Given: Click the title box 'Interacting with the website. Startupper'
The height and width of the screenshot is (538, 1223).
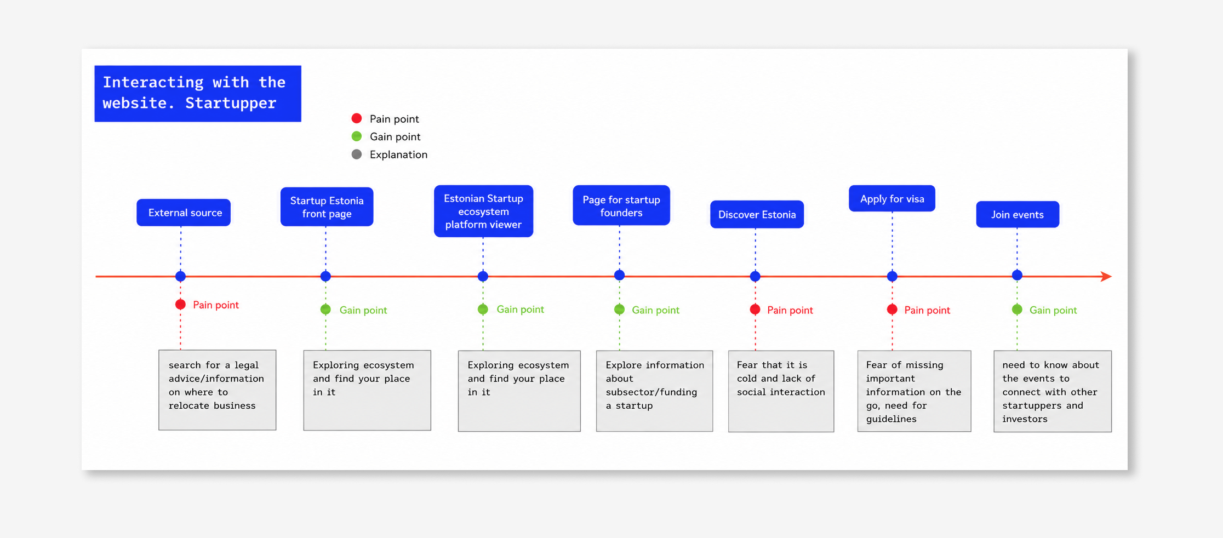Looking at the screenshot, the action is click(198, 93).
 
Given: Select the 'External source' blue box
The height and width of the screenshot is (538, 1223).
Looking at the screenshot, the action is click(184, 213).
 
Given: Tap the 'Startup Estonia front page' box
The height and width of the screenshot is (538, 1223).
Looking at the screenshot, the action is click(327, 207).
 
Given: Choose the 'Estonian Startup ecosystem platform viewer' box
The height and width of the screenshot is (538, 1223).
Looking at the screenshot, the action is click(483, 211).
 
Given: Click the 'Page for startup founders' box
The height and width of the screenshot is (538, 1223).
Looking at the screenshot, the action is click(621, 205).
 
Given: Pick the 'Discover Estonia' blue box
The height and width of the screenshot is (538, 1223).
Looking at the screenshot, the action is click(757, 214).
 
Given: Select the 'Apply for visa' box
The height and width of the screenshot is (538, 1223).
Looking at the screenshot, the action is click(892, 198).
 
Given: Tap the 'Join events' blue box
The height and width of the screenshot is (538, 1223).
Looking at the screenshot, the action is click(1018, 214).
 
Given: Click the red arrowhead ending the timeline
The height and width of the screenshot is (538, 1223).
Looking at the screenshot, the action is click(1106, 277).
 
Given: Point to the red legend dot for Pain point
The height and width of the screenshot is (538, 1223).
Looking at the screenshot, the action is click(357, 118).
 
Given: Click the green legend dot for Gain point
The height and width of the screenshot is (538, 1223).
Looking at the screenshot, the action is click(357, 136).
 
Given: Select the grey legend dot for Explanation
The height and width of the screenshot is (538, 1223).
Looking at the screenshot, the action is click(357, 154).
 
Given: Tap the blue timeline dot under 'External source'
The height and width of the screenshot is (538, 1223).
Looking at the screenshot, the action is click(180, 277).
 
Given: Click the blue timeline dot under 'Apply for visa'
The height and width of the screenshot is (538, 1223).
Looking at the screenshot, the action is click(892, 277).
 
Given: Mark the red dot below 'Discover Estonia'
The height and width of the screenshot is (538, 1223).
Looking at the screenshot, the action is click(755, 310).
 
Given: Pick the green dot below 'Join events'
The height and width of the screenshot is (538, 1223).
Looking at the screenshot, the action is click(1017, 310).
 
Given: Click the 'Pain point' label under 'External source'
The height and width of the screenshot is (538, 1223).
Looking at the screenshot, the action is click(216, 305).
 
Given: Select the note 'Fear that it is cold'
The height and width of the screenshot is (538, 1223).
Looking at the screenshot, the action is click(781, 391).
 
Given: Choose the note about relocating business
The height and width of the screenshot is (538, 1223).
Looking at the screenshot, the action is click(218, 390).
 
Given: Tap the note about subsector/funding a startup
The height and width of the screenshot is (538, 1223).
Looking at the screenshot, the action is click(655, 391).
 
